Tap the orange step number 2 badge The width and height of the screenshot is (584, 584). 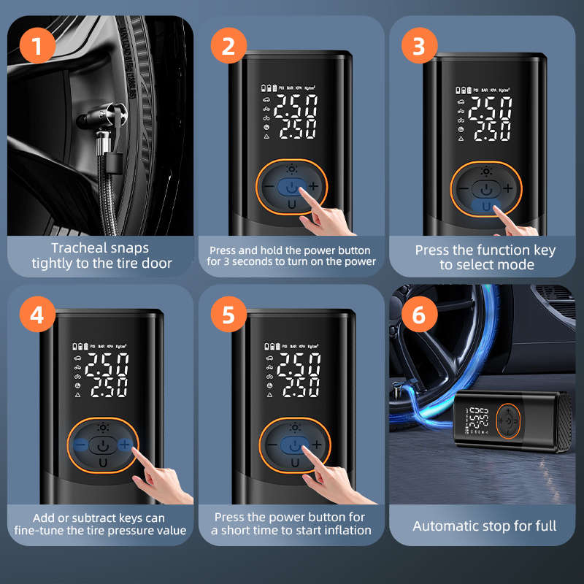[228, 47]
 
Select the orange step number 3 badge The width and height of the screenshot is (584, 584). [418, 47]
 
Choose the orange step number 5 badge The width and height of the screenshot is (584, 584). [228, 316]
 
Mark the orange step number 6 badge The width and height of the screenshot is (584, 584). [418, 316]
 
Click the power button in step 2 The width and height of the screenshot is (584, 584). [291, 188]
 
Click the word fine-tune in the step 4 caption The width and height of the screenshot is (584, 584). [45, 531]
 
